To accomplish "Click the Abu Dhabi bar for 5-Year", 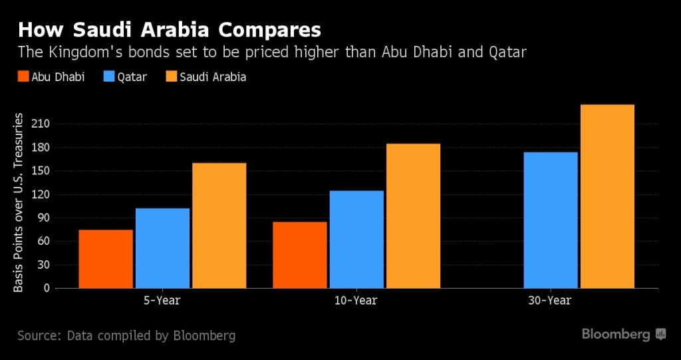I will coord(106,259).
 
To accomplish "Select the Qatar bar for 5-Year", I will coord(162,248).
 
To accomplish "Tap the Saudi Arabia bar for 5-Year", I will coord(219,226).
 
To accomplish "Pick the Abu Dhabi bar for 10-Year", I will coord(299,255).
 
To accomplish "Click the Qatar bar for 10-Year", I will coord(356,240).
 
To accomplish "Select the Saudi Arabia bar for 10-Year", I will coord(413,216).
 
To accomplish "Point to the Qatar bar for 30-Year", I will coord(551,220).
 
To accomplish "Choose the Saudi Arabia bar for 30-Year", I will coord(607,196).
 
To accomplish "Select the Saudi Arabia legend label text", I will coord(215,77).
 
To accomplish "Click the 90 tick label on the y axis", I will coord(44,218).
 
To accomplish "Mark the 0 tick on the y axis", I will coord(47,288).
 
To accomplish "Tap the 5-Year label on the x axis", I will coord(162,301).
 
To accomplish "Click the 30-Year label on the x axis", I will coord(551,301).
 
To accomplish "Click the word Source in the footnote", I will coord(37,335).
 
